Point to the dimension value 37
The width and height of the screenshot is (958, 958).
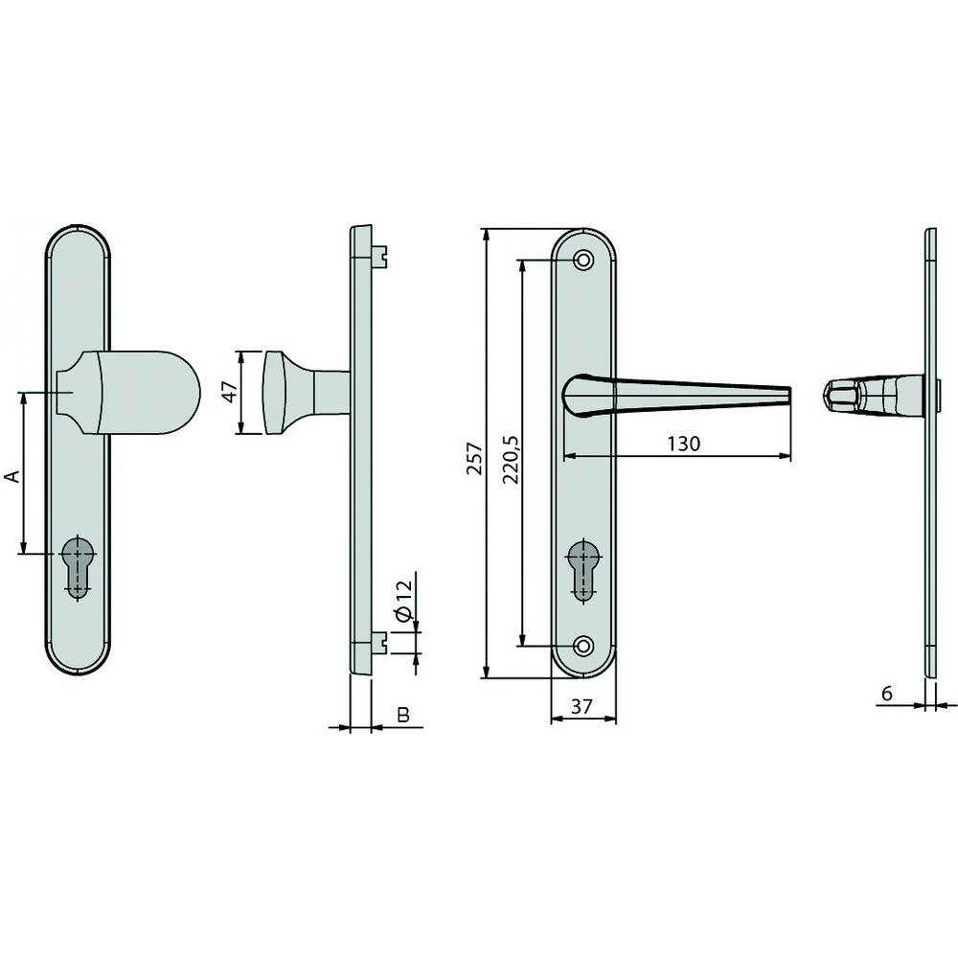point(582,707)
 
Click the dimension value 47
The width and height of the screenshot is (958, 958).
point(229,393)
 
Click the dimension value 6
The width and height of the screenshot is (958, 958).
point(888,693)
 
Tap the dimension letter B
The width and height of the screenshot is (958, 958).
point(403,715)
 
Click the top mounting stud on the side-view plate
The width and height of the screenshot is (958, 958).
point(382,255)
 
